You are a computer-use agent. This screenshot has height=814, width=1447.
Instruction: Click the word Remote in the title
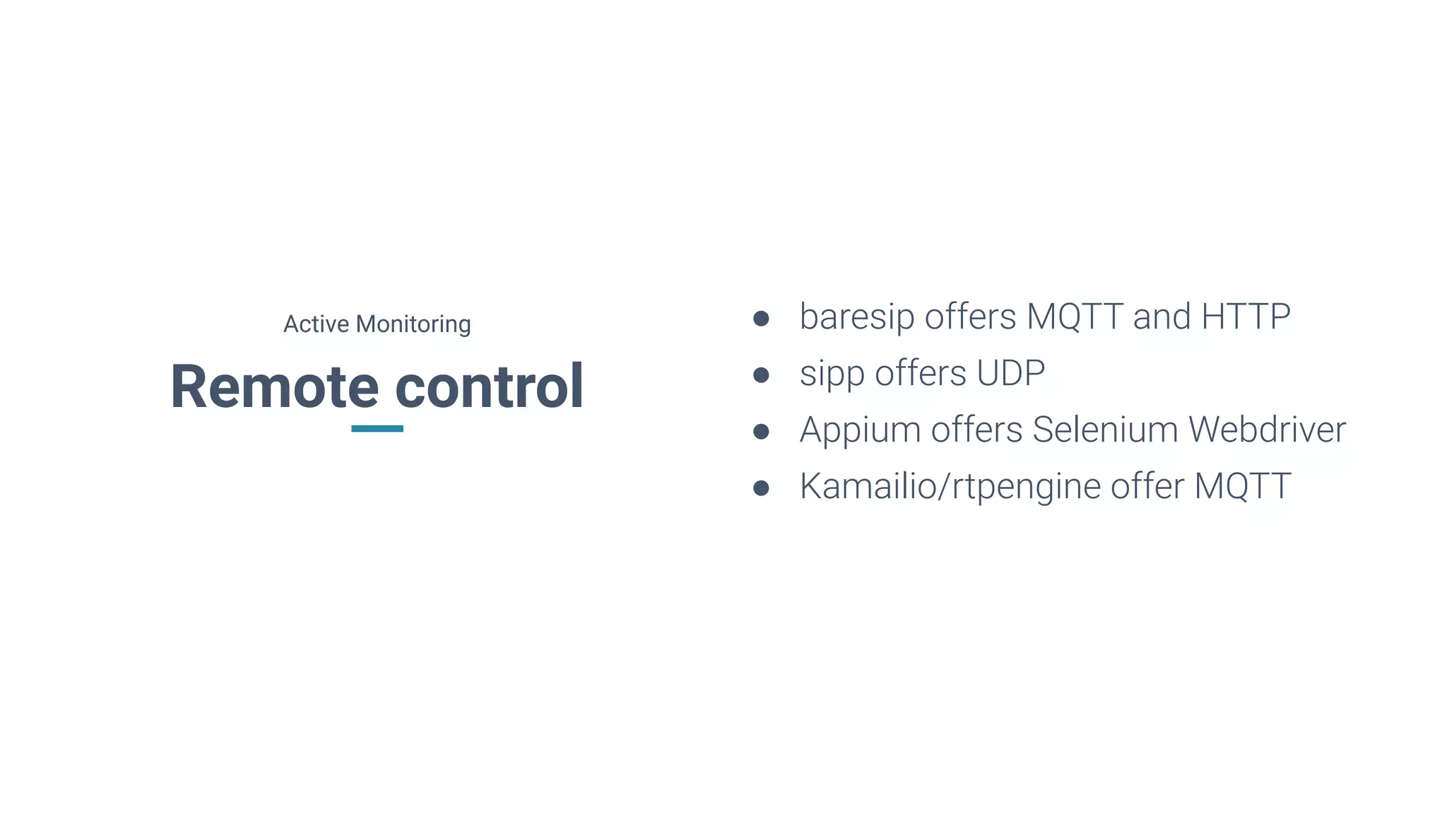tap(274, 387)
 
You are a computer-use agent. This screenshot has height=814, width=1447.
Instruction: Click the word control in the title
tap(489, 387)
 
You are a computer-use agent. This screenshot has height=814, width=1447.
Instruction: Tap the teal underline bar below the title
tap(377, 428)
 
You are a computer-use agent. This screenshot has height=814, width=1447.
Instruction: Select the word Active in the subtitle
tap(316, 324)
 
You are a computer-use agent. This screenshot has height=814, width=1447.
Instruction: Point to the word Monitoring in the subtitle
tap(413, 324)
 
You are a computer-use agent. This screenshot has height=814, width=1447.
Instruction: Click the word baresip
tap(856, 317)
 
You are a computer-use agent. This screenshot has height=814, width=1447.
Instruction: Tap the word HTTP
tap(1246, 317)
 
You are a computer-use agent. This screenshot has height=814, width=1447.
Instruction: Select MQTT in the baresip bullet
tap(1075, 317)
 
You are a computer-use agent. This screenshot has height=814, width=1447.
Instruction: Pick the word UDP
tap(1010, 373)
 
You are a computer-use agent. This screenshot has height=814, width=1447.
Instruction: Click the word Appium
tap(859, 430)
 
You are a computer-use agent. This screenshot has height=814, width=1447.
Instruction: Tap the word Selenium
tap(1105, 430)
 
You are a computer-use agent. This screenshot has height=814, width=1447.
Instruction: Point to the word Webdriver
tap(1267, 430)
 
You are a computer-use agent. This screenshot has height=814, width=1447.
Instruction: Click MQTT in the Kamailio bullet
tap(1242, 486)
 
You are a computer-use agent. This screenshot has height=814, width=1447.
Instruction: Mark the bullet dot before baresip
tap(761, 318)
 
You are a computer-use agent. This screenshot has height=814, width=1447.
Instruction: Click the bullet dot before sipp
tap(761, 374)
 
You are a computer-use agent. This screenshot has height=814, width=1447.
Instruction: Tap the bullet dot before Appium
tap(761, 431)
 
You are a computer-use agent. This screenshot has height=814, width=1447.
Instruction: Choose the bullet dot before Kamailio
tap(761, 488)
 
